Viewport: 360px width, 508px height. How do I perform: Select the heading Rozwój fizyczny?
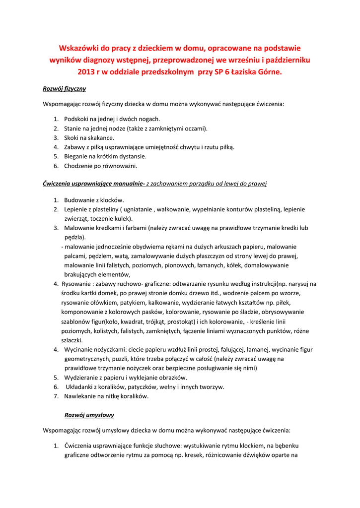click(x=65, y=89)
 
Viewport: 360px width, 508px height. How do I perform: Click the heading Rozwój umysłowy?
click(x=89, y=414)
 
